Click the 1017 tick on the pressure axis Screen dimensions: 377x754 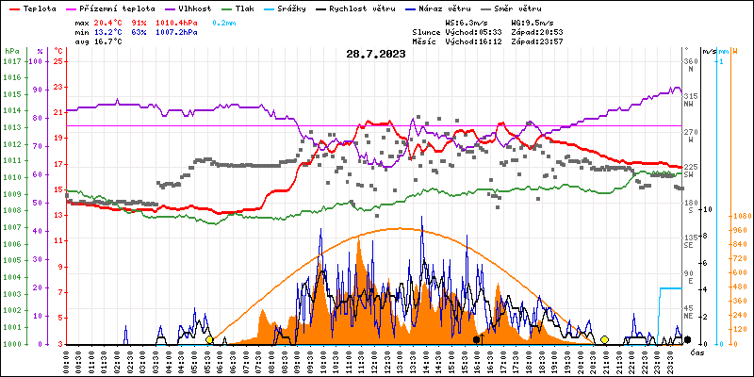click(x=11, y=61)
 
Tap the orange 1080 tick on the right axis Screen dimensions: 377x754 click(x=740, y=216)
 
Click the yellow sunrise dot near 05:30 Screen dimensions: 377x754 click(x=209, y=339)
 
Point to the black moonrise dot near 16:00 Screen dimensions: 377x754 click(x=476, y=339)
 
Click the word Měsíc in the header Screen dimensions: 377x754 click(x=428, y=41)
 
